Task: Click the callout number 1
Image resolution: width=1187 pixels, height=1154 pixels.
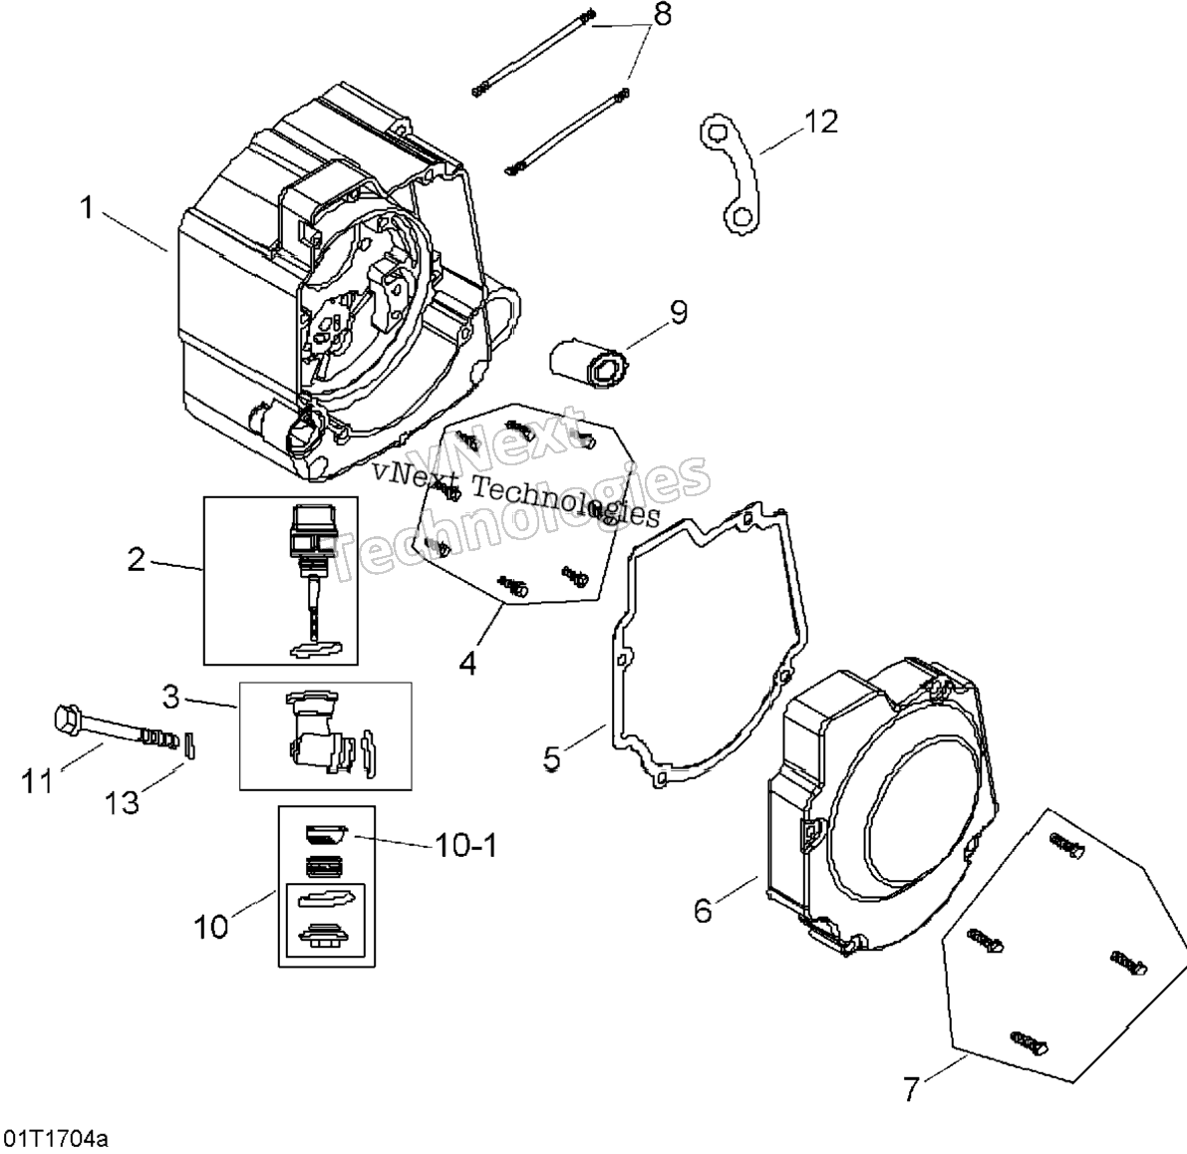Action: [x=87, y=206]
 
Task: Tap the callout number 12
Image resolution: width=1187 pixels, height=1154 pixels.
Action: [x=820, y=122]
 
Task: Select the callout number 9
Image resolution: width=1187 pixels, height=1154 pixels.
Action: [x=678, y=312]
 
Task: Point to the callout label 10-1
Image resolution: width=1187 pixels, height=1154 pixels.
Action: [x=465, y=845]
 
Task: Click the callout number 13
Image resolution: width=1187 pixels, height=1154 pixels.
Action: [x=122, y=802]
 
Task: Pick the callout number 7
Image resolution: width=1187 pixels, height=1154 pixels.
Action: [x=911, y=1089]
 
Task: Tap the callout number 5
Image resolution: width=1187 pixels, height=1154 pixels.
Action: [x=552, y=758]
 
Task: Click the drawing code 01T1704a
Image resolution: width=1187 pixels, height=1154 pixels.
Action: [x=57, y=1137]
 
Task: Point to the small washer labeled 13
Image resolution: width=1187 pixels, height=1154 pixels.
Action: [x=190, y=744]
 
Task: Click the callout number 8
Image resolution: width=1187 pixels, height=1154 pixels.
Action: [x=663, y=14]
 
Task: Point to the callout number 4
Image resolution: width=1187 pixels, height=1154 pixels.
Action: [x=467, y=664]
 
